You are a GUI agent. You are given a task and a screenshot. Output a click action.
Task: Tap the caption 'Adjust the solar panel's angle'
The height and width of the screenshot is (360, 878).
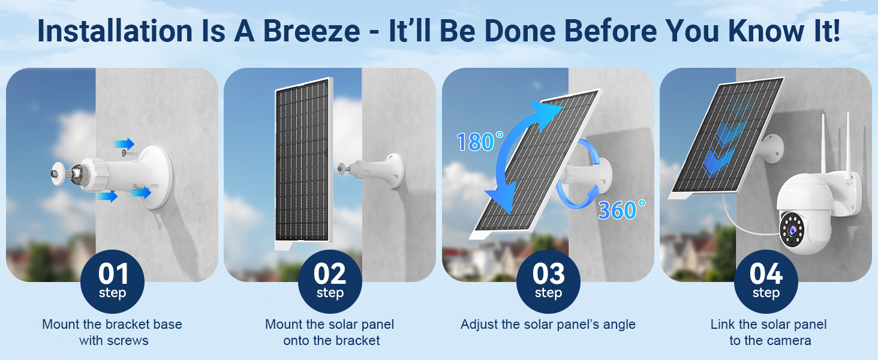click(x=548, y=325)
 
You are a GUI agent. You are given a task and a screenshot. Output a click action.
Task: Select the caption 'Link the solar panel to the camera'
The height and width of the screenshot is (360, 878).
click(x=769, y=332)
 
